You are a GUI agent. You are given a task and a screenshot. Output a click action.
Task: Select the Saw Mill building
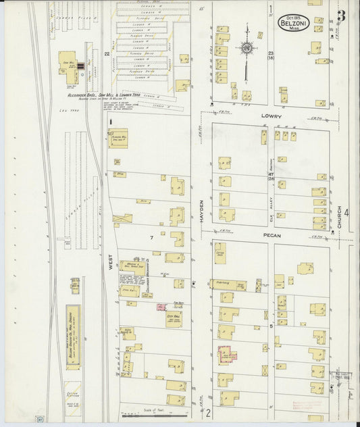[x=68, y=63]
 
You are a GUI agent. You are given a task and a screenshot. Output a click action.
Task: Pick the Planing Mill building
[x=118, y=137]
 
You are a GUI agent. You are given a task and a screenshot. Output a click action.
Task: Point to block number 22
[x=107, y=53]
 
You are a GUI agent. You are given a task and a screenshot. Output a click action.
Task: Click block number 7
[x=152, y=238]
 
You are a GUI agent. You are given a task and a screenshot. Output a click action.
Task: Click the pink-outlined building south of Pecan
[x=227, y=355]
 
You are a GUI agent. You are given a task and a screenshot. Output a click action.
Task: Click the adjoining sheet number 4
[x=346, y=214]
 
